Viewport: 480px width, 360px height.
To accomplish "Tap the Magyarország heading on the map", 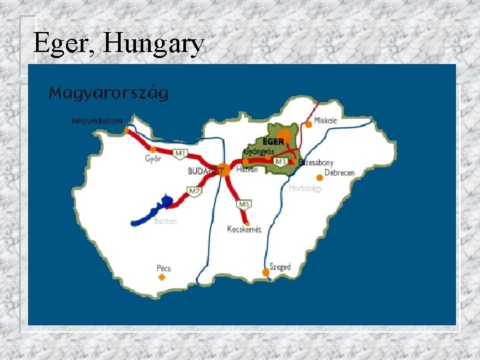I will pyautogui.click(x=109, y=93).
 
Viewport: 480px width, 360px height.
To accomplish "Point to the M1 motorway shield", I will pyautogui.click(x=179, y=154).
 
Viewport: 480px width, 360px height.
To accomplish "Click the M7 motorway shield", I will pyautogui.click(x=194, y=192).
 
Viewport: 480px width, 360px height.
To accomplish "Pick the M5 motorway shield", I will pyautogui.click(x=244, y=203).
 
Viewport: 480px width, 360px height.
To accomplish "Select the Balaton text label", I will pyautogui.click(x=165, y=221).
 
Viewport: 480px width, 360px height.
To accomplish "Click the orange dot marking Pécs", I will pyautogui.click(x=161, y=277).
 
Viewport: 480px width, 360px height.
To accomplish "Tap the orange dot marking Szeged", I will pyautogui.click(x=265, y=273).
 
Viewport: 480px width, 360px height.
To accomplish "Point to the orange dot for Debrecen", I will pyautogui.click(x=320, y=177).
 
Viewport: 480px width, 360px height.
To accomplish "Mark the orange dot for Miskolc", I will pyautogui.click(x=309, y=124).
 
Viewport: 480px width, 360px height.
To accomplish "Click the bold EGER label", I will pyautogui.click(x=273, y=142).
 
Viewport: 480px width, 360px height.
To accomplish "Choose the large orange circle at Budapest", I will pyautogui.click(x=223, y=170).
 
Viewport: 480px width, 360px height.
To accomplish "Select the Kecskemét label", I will pyautogui.click(x=244, y=229).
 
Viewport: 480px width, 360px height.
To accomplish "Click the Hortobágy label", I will pyautogui.click(x=305, y=189).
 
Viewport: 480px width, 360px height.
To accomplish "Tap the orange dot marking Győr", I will pyautogui.click(x=153, y=150).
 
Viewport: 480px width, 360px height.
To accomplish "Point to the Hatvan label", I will pyautogui.click(x=247, y=170).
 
